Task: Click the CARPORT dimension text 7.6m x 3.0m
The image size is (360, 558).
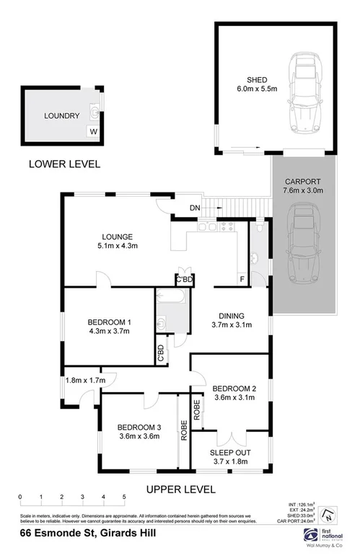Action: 303,191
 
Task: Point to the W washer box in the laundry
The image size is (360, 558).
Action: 92,131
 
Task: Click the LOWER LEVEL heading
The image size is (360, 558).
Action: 64,164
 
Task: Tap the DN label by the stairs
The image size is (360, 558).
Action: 194,208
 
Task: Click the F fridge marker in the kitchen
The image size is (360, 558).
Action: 241,279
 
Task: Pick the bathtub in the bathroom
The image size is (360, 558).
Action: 172,296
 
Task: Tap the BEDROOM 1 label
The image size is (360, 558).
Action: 110,322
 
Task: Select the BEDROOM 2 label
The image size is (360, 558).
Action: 235,390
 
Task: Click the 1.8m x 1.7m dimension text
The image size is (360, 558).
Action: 84,380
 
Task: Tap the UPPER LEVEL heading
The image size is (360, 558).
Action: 180,489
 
